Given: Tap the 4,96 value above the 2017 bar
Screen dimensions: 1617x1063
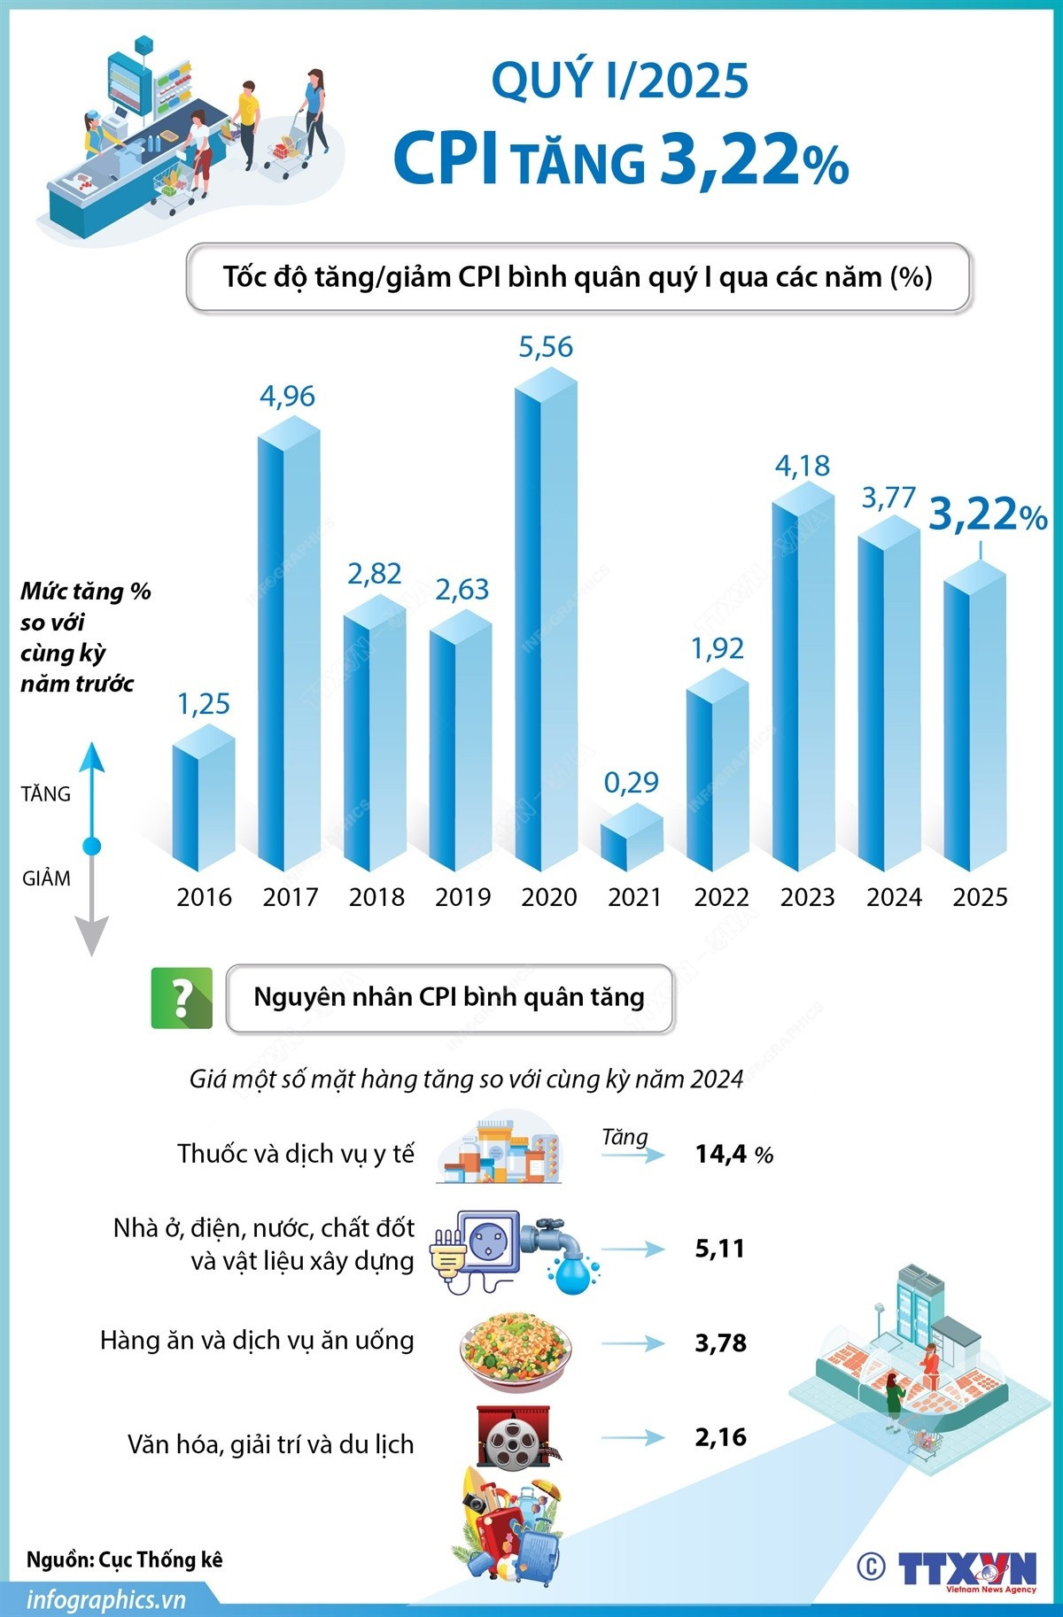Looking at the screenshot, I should pos(287,396).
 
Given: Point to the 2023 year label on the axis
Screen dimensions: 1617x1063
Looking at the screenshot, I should pos(807,897).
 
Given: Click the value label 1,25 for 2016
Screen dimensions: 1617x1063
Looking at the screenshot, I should pos(204,704).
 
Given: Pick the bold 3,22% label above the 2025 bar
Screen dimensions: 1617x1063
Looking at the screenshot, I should pos(987,515).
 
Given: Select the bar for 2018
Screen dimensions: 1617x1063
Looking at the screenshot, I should pos(374,735).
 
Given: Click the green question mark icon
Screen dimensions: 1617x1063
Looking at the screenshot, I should pos(182,998).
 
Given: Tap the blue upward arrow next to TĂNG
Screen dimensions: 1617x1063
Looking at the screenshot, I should pos(91,779).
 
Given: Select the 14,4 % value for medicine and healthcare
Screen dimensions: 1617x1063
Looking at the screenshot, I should pos(733,1154).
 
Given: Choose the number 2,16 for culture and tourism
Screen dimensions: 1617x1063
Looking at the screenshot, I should pos(720,1436).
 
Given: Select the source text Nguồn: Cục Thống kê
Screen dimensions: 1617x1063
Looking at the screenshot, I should pos(124,1559).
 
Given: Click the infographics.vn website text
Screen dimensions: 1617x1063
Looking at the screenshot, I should pos(106,1600).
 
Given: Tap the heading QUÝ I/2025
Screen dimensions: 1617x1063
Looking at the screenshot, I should pos(620,81).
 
